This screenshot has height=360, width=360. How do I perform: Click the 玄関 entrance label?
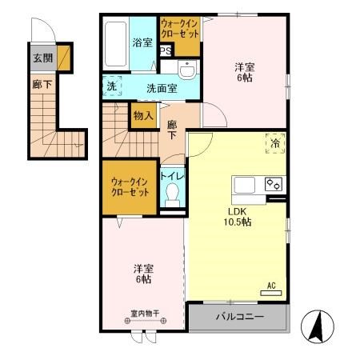42,58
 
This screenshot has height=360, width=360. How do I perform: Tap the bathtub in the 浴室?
115,44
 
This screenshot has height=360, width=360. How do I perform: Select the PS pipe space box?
166,50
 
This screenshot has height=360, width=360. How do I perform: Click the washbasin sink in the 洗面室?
187,69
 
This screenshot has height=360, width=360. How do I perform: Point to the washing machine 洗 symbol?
112,86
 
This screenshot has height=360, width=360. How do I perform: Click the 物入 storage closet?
144,116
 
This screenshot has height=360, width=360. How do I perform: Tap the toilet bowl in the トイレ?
172,195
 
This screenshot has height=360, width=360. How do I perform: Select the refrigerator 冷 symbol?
275,143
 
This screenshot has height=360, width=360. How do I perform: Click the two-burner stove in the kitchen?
274,184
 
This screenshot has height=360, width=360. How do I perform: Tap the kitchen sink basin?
244,185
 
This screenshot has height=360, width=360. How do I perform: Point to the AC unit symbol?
271,293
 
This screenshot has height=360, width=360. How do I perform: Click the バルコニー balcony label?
240,317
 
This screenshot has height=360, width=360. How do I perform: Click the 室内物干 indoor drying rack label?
146,314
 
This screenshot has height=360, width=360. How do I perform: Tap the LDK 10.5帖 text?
238,217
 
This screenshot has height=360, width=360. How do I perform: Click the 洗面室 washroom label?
162,89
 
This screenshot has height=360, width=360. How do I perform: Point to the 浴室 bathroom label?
142,42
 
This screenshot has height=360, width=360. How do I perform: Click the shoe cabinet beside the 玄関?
64,58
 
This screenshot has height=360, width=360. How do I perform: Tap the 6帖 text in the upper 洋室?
245,78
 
